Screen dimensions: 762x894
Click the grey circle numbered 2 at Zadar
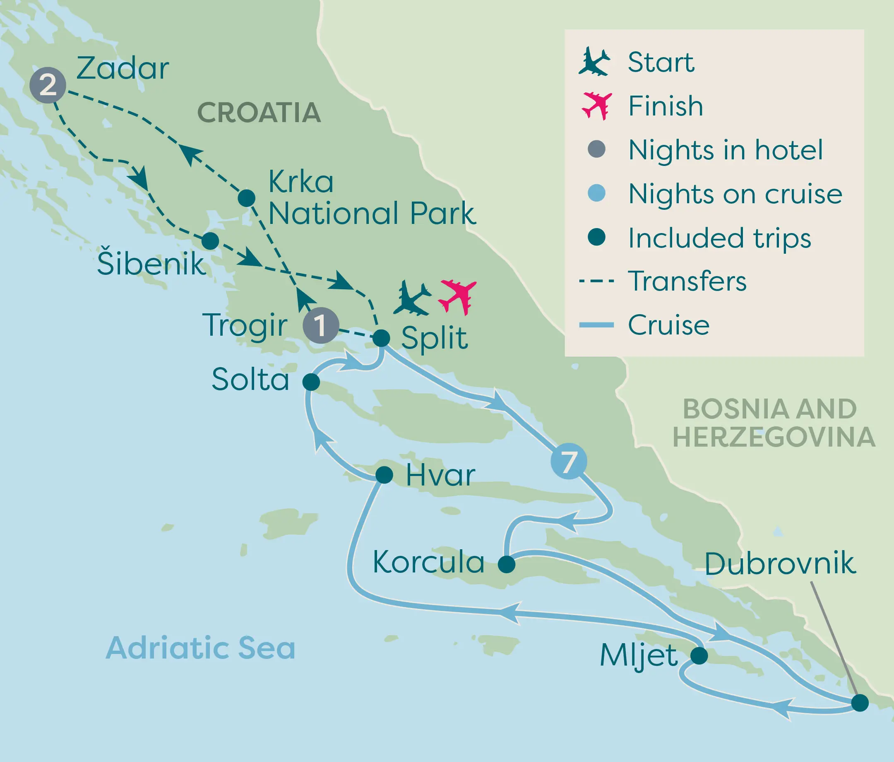[x=48, y=85]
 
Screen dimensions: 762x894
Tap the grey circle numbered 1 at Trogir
[x=321, y=325]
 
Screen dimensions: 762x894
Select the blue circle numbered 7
[x=569, y=461]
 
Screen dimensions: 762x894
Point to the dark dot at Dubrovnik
[x=860, y=703]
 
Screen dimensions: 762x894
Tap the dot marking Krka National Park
[x=246, y=198]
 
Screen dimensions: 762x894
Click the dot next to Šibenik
[x=210, y=241]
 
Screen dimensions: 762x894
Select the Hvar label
[x=440, y=475]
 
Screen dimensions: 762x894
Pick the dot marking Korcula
[x=507, y=564]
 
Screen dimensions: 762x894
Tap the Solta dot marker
[x=311, y=382]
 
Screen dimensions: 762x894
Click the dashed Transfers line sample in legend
[x=596, y=281]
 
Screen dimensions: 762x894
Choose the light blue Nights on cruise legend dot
[x=596, y=193]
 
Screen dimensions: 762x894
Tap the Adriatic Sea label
[x=201, y=648]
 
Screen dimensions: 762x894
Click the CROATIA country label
[x=259, y=113]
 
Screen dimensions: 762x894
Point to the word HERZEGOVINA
[x=774, y=437]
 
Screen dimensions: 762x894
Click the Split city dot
[x=382, y=338]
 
